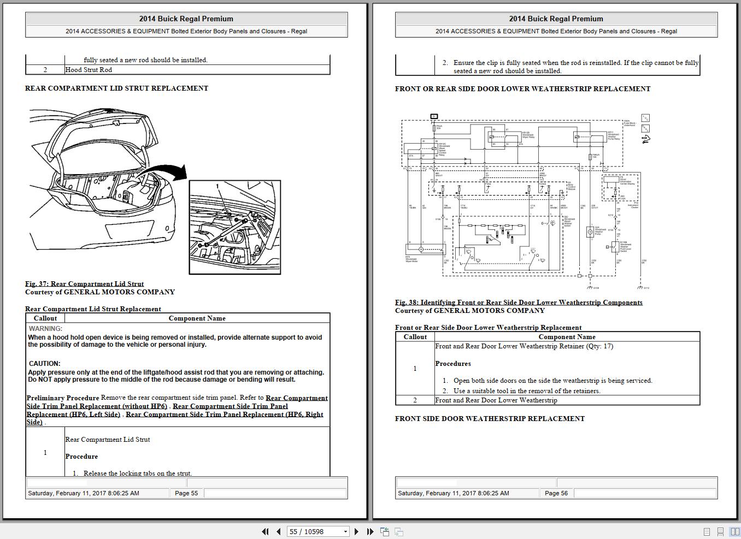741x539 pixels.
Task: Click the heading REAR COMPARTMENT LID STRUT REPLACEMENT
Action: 116,88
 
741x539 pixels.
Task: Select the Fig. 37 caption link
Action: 84,283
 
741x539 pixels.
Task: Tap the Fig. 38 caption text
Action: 518,302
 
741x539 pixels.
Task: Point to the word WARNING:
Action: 45,329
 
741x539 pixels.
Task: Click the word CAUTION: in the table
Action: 44,364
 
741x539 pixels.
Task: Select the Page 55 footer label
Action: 186,493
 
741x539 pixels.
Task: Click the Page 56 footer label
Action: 556,493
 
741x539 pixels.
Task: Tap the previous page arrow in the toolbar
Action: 278,531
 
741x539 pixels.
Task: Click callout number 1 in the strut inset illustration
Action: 217,187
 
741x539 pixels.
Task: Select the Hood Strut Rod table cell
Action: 89,70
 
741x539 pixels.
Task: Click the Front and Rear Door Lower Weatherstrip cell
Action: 496,400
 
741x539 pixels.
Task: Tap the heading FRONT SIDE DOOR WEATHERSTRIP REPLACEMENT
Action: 490,418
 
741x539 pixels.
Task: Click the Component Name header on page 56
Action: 567,337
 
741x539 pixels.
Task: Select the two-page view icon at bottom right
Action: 734,531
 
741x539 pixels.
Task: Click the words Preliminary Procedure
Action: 63,398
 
